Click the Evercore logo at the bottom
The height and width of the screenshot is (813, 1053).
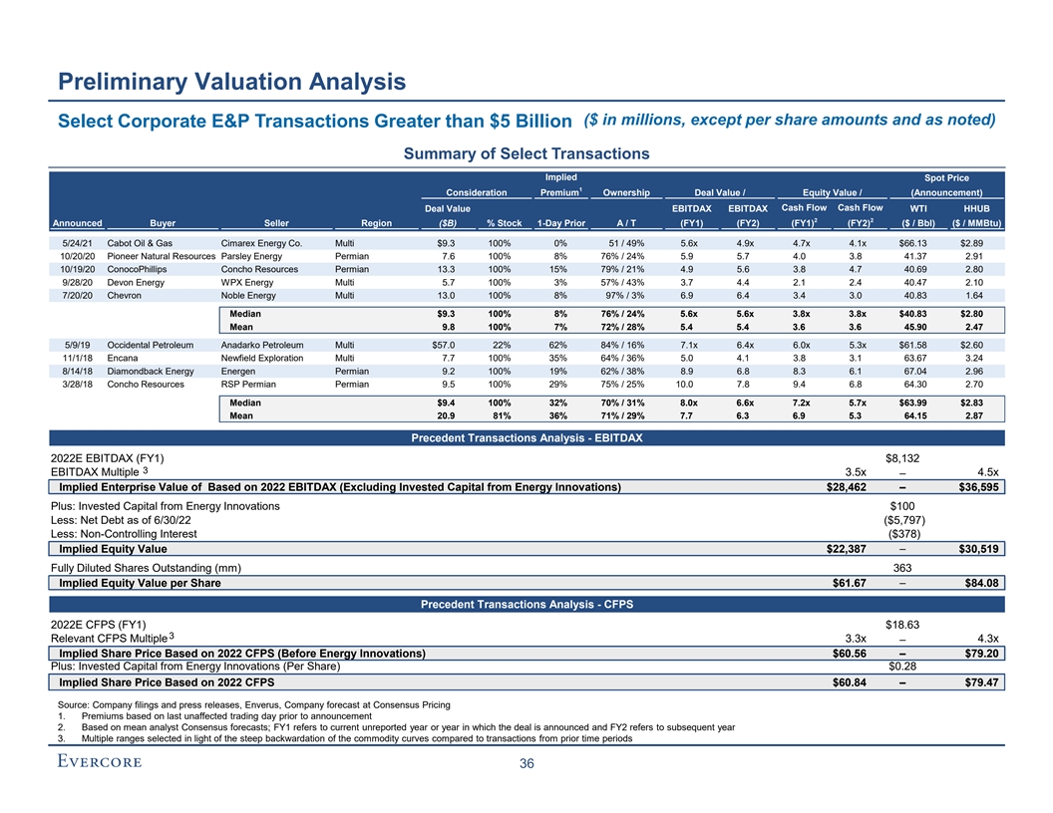(98, 763)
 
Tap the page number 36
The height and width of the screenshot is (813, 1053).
(526, 765)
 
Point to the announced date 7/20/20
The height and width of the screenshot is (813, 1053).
(78, 295)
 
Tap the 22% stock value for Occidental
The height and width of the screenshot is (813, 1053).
(503, 345)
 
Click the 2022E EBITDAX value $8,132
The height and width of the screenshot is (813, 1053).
(905, 458)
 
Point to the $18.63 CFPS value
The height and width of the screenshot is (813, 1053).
(904, 625)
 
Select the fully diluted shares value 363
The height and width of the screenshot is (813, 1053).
(905, 568)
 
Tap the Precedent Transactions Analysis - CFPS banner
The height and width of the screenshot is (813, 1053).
(526, 604)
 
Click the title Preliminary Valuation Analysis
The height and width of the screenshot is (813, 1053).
(230, 81)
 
